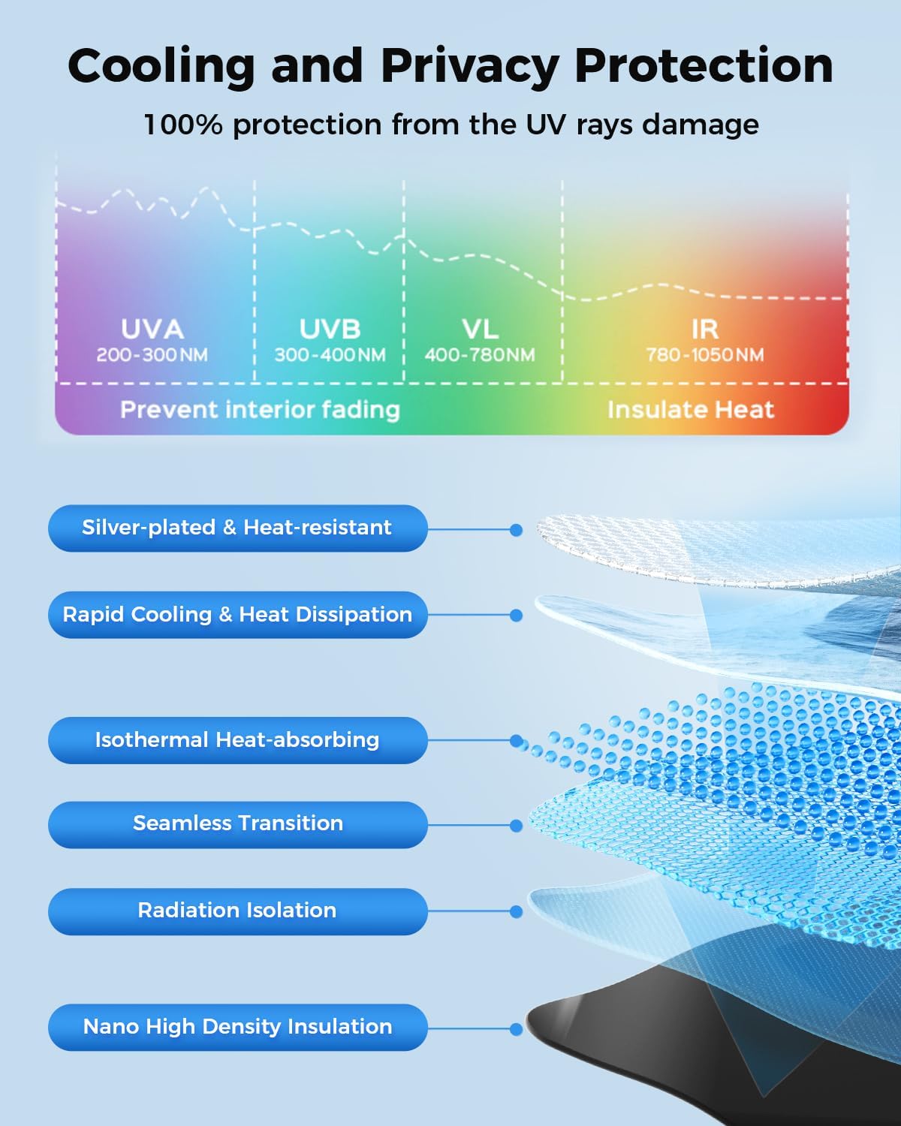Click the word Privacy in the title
(x=469, y=67)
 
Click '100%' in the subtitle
(x=182, y=125)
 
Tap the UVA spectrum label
(x=152, y=329)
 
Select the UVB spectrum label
(x=330, y=329)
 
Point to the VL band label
(x=480, y=329)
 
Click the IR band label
(x=705, y=329)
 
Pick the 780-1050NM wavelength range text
(x=705, y=355)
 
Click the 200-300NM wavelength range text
(x=152, y=355)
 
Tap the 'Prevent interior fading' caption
(x=261, y=410)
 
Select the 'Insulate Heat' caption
(x=691, y=410)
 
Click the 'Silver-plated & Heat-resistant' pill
(x=238, y=528)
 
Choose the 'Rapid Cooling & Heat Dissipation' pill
(x=238, y=615)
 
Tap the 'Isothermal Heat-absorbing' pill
(x=238, y=740)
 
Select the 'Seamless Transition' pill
(x=238, y=825)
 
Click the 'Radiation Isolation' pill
(x=238, y=911)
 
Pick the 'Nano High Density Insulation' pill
(x=238, y=1027)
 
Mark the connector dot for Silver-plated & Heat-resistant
(x=517, y=530)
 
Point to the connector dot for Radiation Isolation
(x=517, y=912)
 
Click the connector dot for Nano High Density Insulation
(x=517, y=1029)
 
